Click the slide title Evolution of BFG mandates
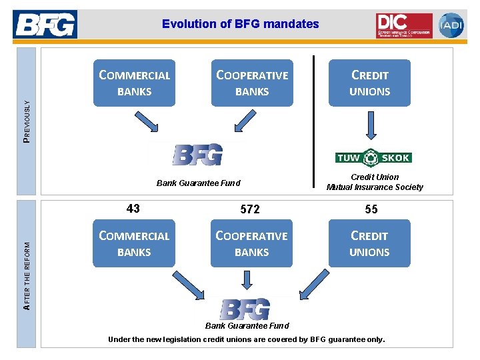coord(240,24)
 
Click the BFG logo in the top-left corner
coord(45,25)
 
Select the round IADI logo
coord(451,25)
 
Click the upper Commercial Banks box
coord(134,83)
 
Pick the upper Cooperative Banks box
coord(252,83)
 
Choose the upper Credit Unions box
coord(369,83)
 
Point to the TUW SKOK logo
coord(373,157)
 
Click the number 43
coord(133,209)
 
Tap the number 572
coord(250,209)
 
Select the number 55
coord(371,209)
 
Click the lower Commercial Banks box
coord(134,243)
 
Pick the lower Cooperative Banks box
coord(252,243)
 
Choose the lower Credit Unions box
coord(369,243)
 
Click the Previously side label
coord(26,119)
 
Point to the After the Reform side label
coord(26,275)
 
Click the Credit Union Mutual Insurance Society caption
coord(374,182)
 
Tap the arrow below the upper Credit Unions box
coord(370,126)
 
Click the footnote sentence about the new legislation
coord(247,339)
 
